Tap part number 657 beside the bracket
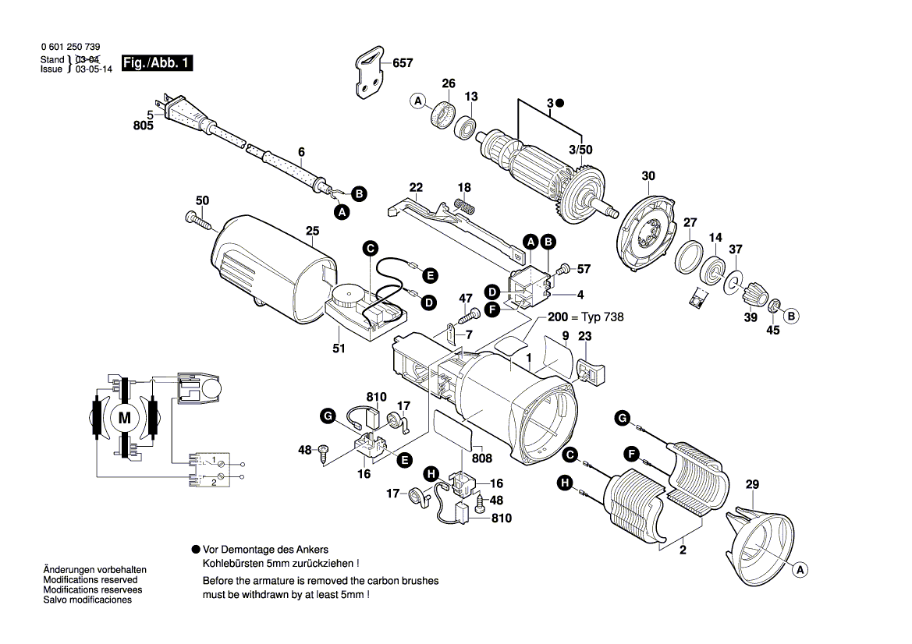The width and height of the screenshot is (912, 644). pyautogui.click(x=403, y=63)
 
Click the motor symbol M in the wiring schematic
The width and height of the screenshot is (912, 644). pyautogui.click(x=124, y=418)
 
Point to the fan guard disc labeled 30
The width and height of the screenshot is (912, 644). pyautogui.click(x=647, y=229)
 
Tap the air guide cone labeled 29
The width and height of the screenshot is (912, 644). pyautogui.click(x=761, y=538)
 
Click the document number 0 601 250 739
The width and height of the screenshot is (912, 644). pyautogui.click(x=70, y=48)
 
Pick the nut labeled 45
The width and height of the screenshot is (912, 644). pyautogui.click(x=775, y=305)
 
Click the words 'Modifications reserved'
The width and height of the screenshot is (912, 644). pyautogui.click(x=90, y=580)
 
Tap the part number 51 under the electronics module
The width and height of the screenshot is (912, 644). pyautogui.click(x=339, y=349)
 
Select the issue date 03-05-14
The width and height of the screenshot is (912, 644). pyautogui.click(x=94, y=69)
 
